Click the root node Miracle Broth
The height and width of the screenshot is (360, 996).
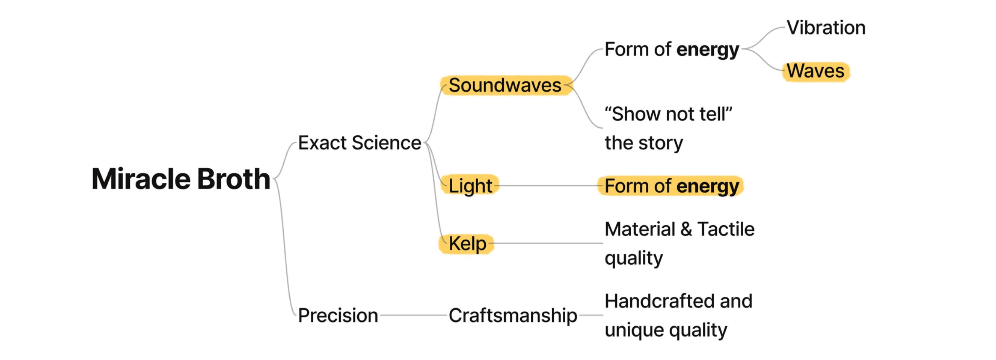[181, 179]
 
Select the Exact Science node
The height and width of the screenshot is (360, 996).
[359, 143]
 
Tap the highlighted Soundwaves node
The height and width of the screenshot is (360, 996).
[505, 85]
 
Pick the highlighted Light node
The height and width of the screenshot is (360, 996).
[470, 186]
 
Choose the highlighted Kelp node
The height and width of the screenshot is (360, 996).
[467, 244]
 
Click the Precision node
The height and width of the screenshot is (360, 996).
[338, 315]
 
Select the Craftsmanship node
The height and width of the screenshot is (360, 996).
[513, 315]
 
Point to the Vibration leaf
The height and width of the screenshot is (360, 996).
[826, 28]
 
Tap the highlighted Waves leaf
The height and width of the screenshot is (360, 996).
[815, 71]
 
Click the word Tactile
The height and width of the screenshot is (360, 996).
[726, 229]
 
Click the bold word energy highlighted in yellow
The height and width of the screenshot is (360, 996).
[708, 187]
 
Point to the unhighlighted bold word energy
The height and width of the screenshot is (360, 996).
[708, 50]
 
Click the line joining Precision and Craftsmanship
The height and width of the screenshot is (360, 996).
[414, 315]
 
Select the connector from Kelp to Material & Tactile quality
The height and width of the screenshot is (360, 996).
[548, 243]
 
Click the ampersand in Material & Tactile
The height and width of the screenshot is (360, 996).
[686, 229]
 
